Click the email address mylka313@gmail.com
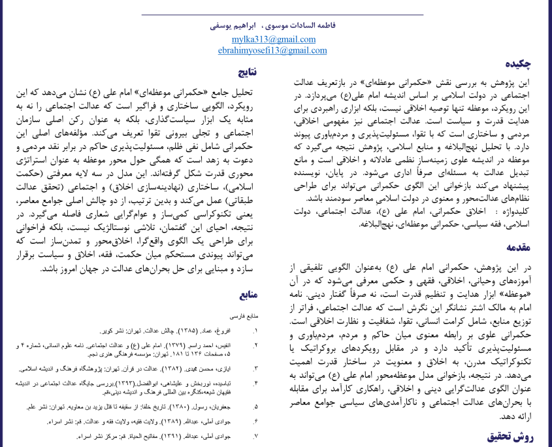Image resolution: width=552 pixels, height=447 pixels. (276, 39)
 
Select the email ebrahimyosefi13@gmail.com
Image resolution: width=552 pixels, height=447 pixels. (276, 50)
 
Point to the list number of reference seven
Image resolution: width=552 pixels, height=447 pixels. (255, 434)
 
